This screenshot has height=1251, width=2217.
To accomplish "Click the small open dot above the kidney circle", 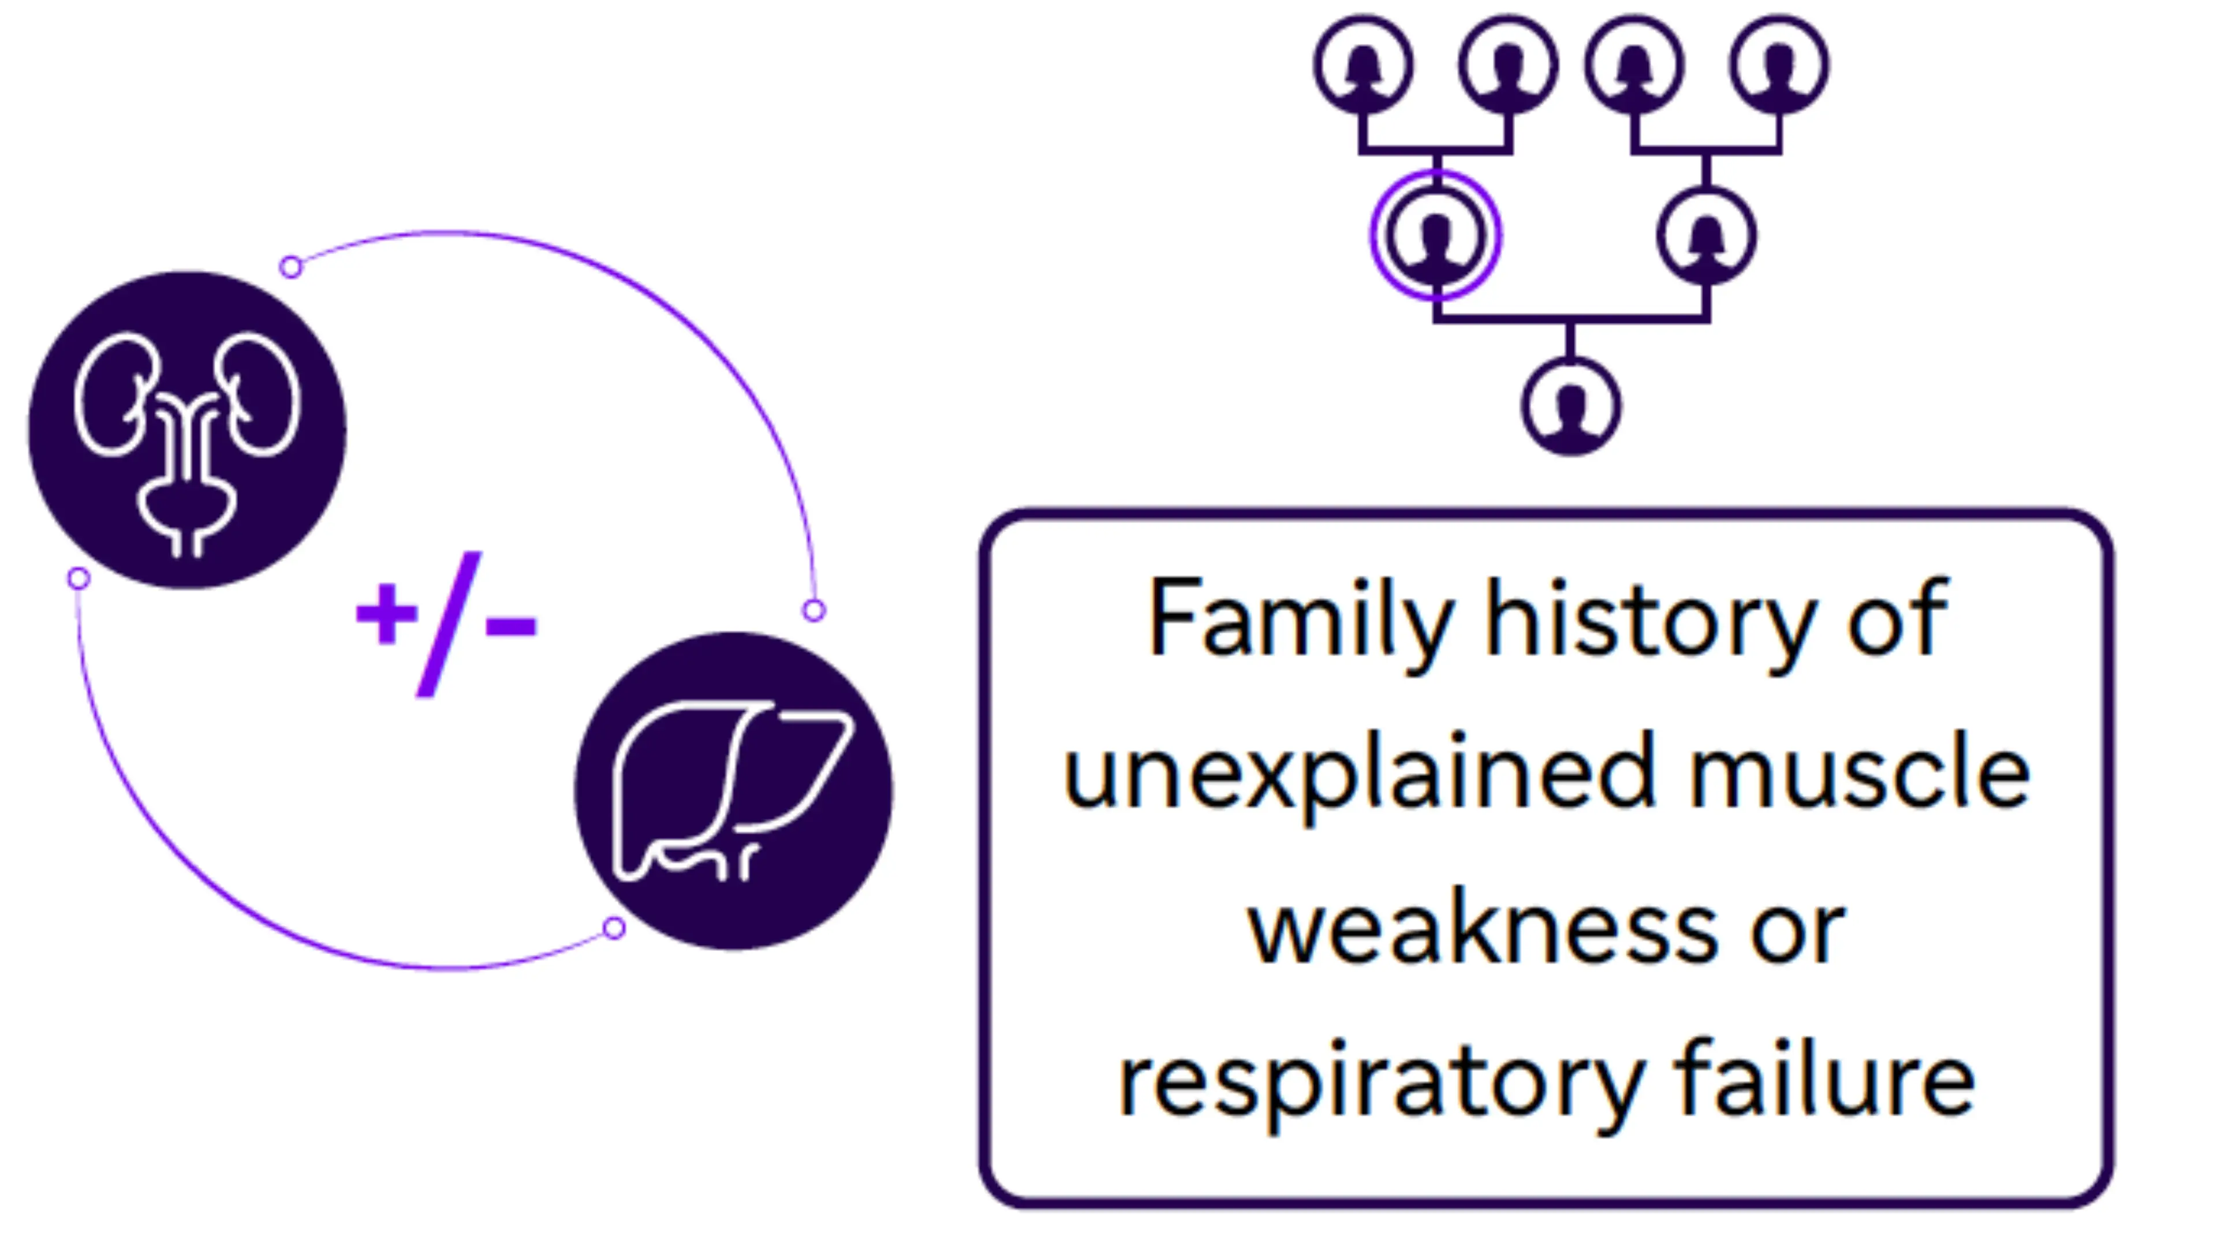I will pyautogui.click(x=291, y=267).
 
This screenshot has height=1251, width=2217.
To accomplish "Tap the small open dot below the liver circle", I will pyautogui.click(x=614, y=928).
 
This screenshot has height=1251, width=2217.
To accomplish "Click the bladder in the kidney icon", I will pyautogui.click(x=186, y=507).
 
